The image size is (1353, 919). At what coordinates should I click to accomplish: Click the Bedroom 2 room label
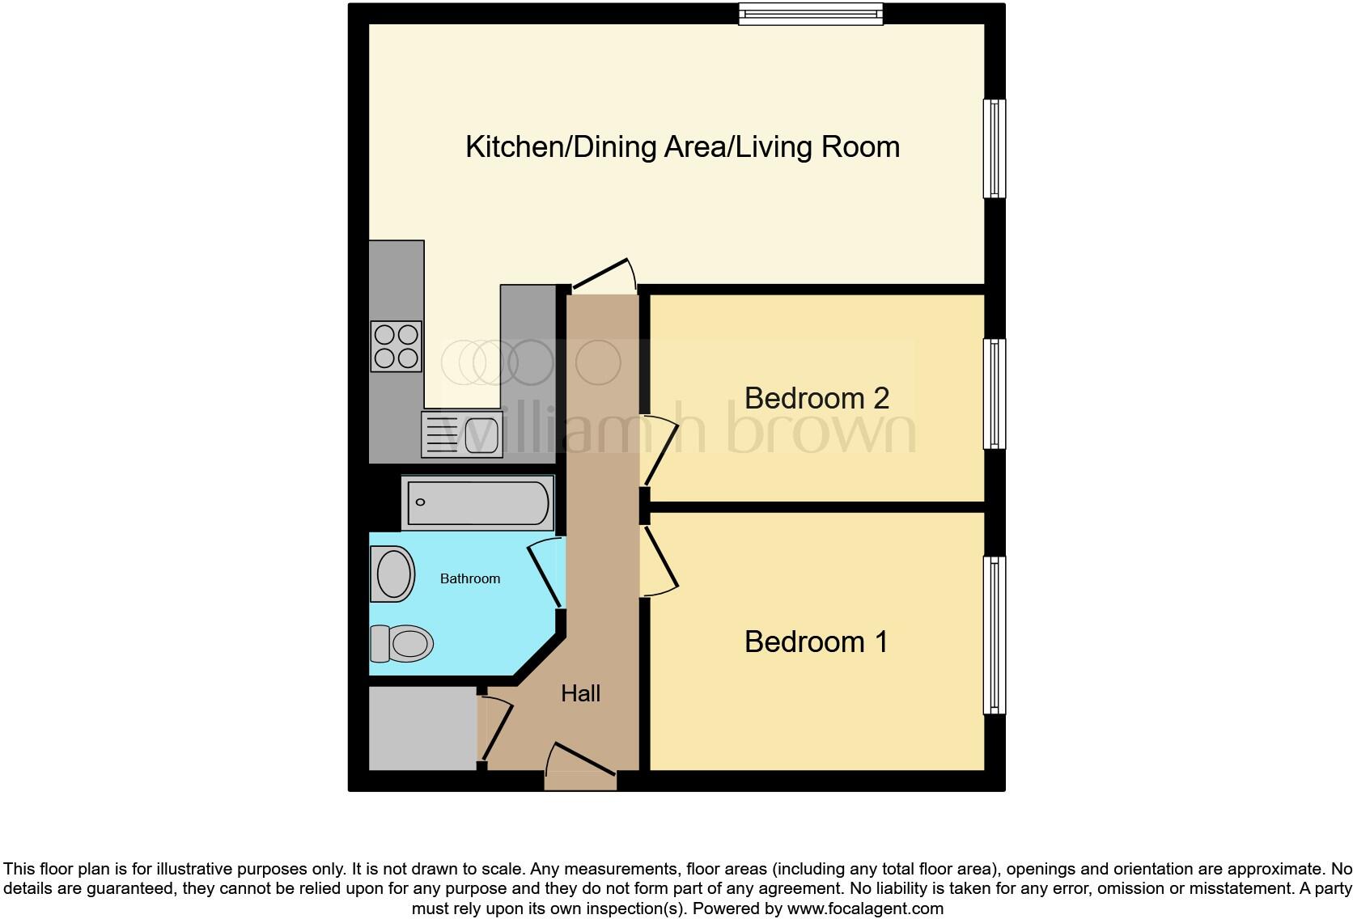[x=816, y=398]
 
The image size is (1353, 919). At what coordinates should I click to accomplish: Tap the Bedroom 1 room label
[x=816, y=642]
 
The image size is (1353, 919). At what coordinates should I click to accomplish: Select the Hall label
[x=580, y=693]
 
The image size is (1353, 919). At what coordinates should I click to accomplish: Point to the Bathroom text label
[x=469, y=578]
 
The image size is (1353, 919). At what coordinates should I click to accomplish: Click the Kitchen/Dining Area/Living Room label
[x=682, y=146]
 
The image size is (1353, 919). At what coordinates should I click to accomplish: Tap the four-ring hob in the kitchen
[x=397, y=346]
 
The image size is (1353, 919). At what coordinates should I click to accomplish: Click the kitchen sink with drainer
[x=461, y=434]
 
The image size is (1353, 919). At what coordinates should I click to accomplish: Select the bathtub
[x=477, y=503]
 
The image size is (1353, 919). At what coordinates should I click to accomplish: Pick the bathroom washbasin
[x=392, y=574]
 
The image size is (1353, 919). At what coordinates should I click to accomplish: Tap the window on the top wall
[x=811, y=13]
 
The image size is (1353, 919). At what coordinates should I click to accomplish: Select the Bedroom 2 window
[x=995, y=394]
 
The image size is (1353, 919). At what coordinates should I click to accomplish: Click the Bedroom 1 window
[x=995, y=635]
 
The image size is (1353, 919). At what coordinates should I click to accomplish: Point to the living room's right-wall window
[x=995, y=148]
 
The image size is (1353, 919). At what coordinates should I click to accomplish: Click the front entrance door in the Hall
[x=580, y=768]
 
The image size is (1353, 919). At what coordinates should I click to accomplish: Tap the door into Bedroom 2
[x=659, y=450]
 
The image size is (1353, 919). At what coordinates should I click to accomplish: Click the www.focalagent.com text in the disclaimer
[x=864, y=908]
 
